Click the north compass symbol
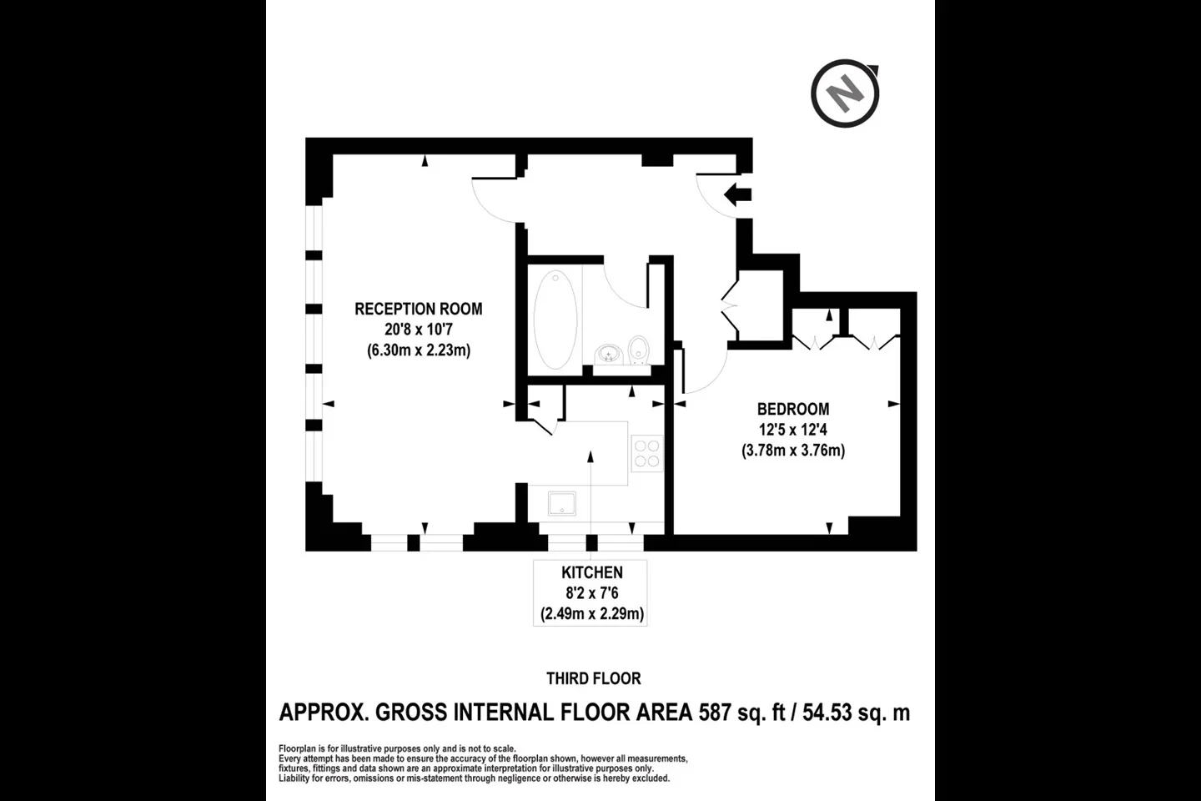(845, 94)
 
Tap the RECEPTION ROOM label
(418, 309)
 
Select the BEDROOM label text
(793, 410)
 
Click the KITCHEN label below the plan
(592, 573)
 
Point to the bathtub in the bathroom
(555, 320)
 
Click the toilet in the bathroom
(638, 350)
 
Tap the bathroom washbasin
(609, 354)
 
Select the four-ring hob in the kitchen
(647, 454)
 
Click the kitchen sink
(562, 504)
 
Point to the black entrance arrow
(738, 195)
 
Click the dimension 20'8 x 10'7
(418, 330)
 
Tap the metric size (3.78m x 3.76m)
(793, 450)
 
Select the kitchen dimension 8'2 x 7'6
(592, 593)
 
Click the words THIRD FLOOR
(594, 678)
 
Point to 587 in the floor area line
(715, 713)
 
